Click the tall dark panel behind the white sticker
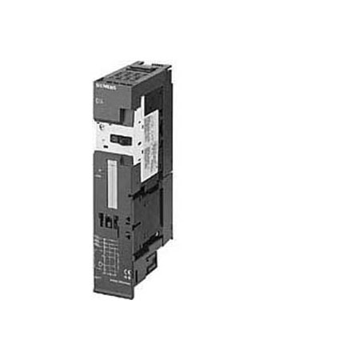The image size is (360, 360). pos(165,120)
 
